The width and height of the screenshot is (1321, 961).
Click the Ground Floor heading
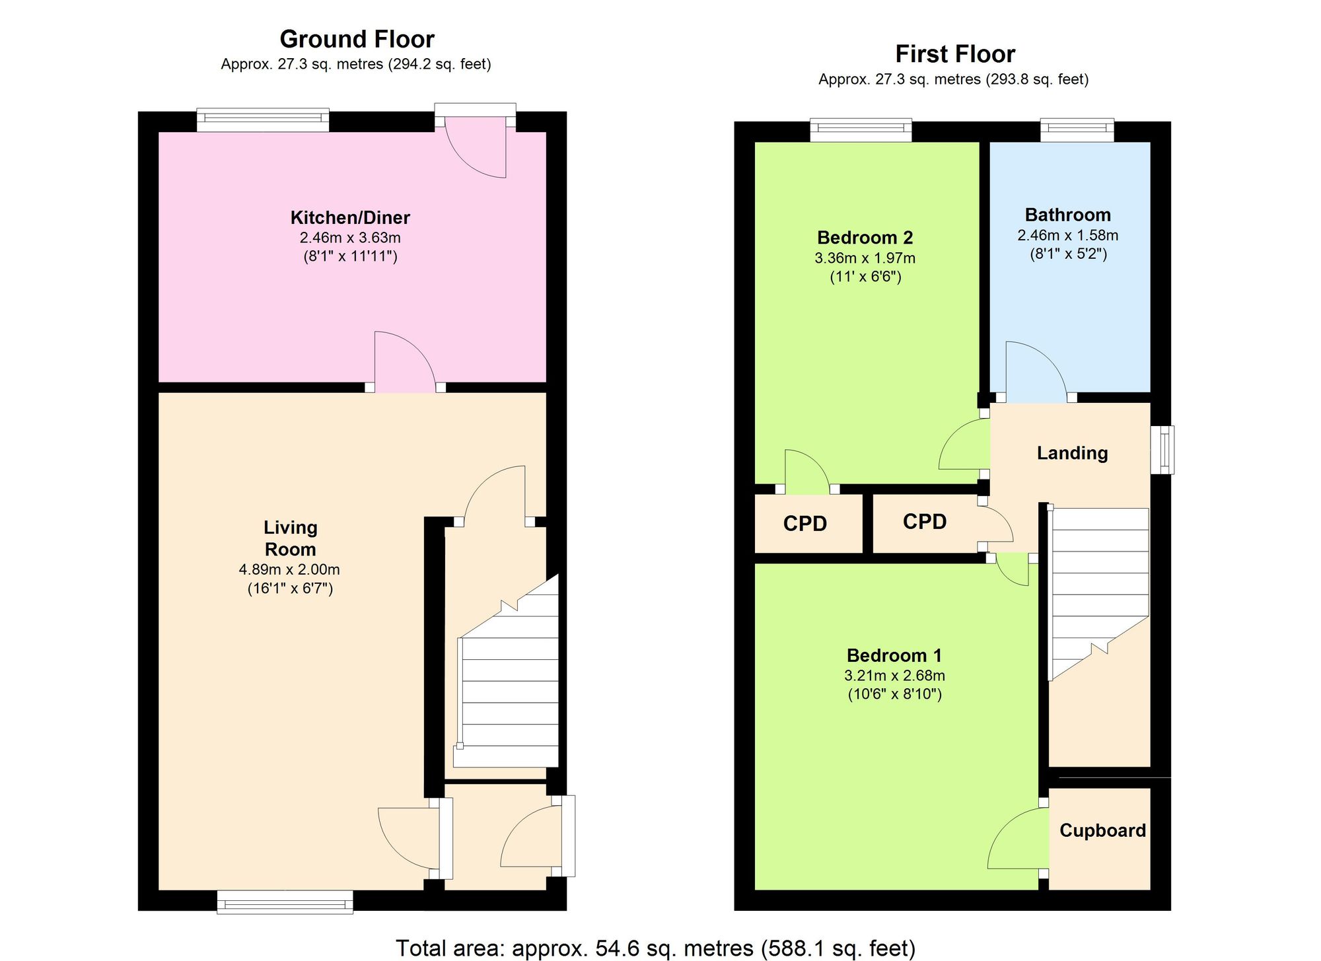coord(357,40)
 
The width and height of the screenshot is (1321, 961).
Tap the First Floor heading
coord(955,54)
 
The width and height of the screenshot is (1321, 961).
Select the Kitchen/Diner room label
coord(350,217)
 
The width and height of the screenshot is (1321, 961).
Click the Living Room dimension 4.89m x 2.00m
coord(289,569)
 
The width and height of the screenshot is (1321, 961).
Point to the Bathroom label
coord(1067,215)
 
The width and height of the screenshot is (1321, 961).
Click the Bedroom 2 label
coord(865,238)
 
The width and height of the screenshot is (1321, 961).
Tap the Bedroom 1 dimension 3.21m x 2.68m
coord(894,676)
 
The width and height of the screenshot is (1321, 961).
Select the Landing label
coord(1072,453)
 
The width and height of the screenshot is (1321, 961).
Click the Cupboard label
coord(1102,830)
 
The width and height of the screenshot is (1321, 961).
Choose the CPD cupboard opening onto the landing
coord(925,522)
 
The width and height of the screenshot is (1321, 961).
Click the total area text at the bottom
coord(655,948)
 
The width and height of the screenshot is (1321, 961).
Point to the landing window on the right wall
coord(1162,450)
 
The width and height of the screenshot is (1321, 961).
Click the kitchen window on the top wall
coord(263,120)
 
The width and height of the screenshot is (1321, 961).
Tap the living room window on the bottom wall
coord(285,902)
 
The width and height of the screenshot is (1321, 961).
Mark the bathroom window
coord(1077,130)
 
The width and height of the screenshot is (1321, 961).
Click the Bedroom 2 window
coord(861,130)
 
